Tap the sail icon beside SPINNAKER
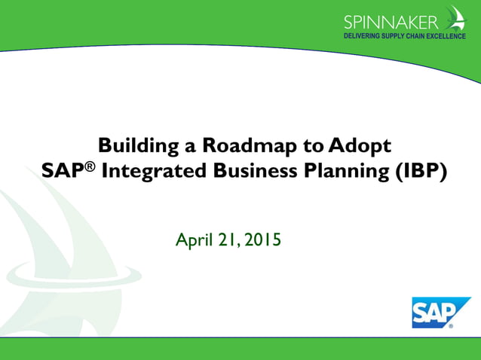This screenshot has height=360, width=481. coord(455,18)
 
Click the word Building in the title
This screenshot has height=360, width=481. coord(133,145)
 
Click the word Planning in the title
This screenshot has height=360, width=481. coord(345,171)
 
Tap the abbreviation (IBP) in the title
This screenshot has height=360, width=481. coord(420,171)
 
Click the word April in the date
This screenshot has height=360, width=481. coord(193,241)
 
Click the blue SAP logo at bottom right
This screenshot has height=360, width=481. coord(431,312)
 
